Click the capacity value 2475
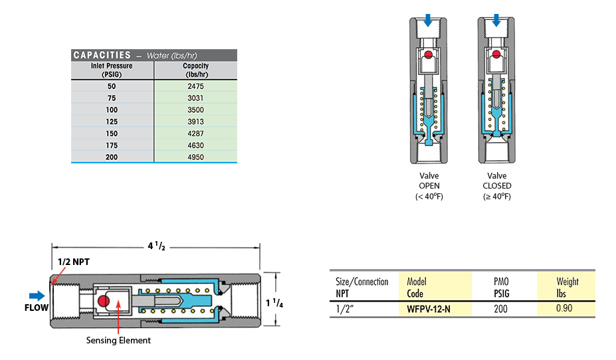pyautogui.click(x=195, y=86)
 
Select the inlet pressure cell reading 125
pyautogui.click(x=112, y=122)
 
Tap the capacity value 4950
pyautogui.click(x=195, y=157)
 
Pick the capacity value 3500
pyautogui.click(x=195, y=110)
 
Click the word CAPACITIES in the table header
pyautogui.click(x=102, y=55)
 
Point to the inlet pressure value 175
pyautogui.click(x=112, y=145)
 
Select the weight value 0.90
pyautogui.click(x=564, y=308)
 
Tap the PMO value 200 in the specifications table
pyautogui.click(x=502, y=308)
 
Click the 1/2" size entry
pyautogui.click(x=346, y=308)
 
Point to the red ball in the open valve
pyautogui.click(x=429, y=54)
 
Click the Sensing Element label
pyautogui.click(x=118, y=340)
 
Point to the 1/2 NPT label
pyautogui.click(x=72, y=262)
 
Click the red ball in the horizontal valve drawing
pyautogui.click(x=103, y=302)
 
